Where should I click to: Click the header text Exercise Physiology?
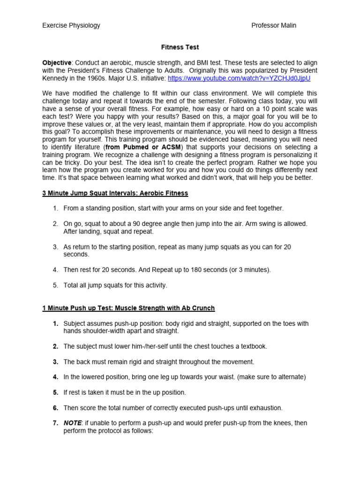71,25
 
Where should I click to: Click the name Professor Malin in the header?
274,25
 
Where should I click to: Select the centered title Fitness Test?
180,47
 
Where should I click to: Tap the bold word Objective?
57,63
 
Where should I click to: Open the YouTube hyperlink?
239,78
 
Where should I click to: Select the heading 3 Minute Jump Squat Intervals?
115,193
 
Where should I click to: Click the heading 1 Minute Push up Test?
128,308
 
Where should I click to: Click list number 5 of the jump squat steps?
55,285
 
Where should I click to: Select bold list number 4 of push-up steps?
55,377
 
